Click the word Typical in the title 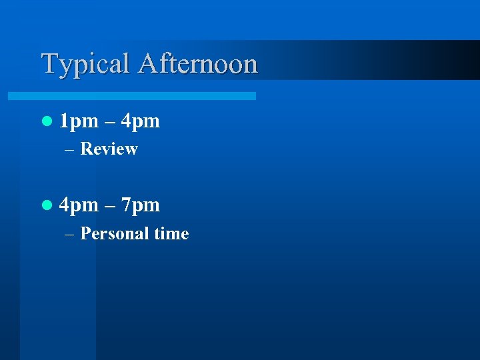pyautogui.click(x=86, y=65)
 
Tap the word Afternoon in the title pyautogui.click(x=198, y=63)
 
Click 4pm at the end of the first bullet pyautogui.click(x=141, y=122)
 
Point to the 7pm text pyautogui.click(x=141, y=205)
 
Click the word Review pyautogui.click(x=109, y=149)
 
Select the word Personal pyautogui.click(x=114, y=234)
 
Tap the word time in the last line pyautogui.click(x=171, y=234)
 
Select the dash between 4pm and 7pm pyautogui.click(x=109, y=206)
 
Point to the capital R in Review pyautogui.click(x=85, y=149)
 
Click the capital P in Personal pyautogui.click(x=85, y=234)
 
